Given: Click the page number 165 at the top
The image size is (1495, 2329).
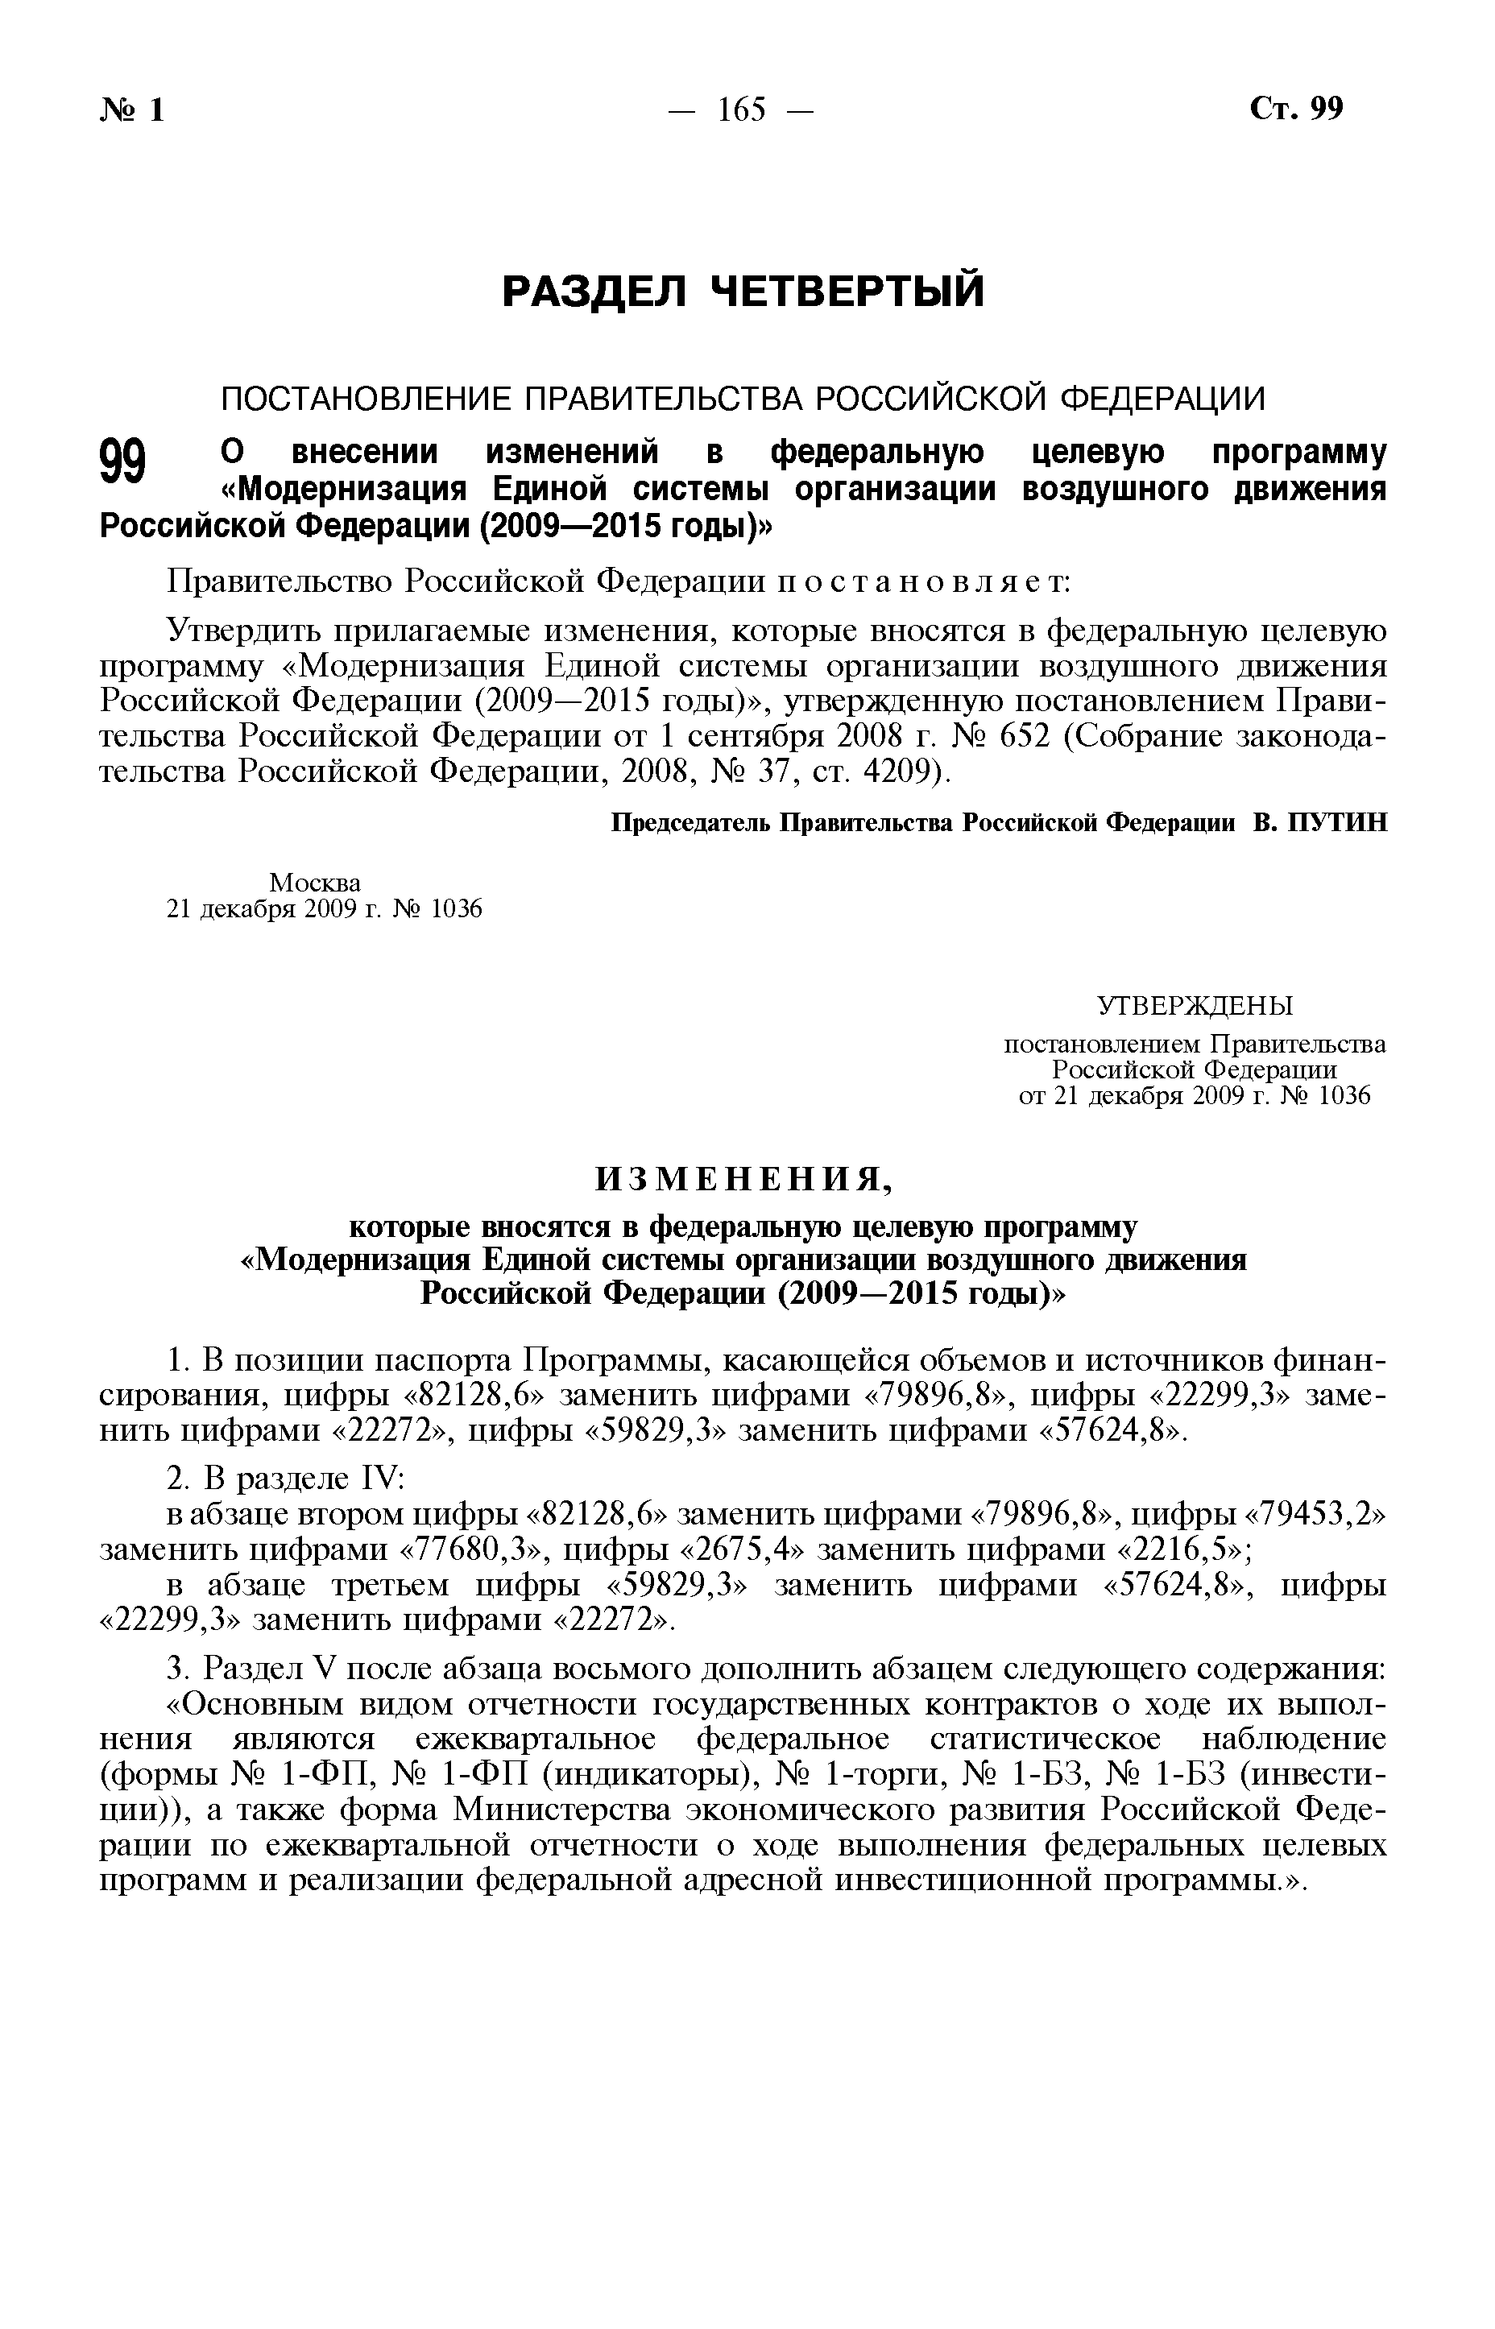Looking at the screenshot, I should [742, 110].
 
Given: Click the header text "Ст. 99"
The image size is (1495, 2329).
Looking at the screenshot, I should [1297, 109].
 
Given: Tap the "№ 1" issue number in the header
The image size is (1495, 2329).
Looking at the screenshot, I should [132, 110].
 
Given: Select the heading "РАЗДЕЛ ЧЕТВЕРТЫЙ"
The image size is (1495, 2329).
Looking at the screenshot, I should [743, 292].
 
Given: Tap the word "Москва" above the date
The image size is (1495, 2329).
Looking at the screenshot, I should [314, 883].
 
